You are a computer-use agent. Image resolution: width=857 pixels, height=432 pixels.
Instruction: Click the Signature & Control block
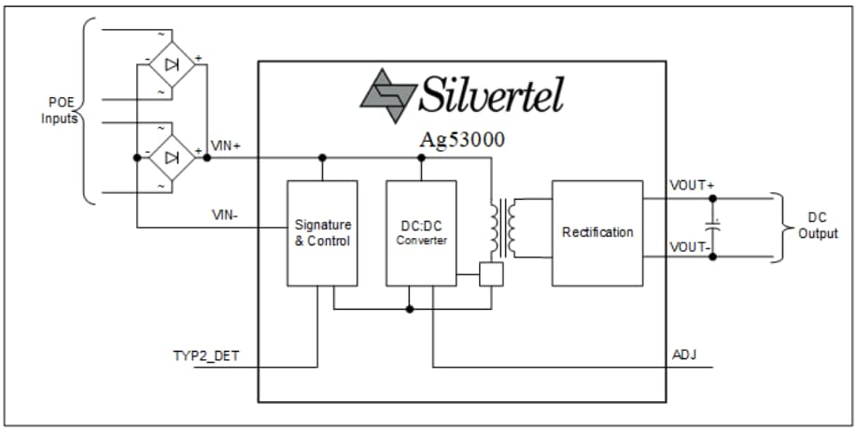pyautogui.click(x=322, y=232)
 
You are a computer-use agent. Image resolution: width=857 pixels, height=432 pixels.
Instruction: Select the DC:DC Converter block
pyautogui.click(x=421, y=232)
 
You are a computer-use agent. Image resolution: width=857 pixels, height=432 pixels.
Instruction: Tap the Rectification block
pyautogui.click(x=597, y=232)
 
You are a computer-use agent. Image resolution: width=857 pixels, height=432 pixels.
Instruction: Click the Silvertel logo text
pyautogui.click(x=491, y=93)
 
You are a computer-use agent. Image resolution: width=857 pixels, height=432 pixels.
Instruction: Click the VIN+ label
pyautogui.click(x=227, y=145)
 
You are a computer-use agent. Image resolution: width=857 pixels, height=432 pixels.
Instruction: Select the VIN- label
pyautogui.click(x=226, y=215)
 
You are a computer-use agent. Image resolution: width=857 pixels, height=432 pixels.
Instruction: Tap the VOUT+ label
pyautogui.click(x=692, y=185)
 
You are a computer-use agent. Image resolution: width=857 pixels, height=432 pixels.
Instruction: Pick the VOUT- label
pyautogui.click(x=692, y=247)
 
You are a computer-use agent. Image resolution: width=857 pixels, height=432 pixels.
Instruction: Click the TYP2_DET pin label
pyautogui.click(x=205, y=355)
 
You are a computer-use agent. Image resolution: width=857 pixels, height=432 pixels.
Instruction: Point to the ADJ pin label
pyautogui.click(x=683, y=355)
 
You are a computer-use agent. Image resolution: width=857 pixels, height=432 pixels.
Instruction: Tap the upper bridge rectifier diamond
pyautogui.click(x=172, y=64)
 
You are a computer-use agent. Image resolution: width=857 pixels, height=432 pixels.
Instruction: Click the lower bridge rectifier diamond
pyautogui.click(x=172, y=157)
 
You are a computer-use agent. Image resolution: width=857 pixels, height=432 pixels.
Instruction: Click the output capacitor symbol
pyautogui.click(x=713, y=226)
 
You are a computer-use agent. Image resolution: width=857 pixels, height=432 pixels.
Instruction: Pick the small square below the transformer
pyautogui.click(x=491, y=274)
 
